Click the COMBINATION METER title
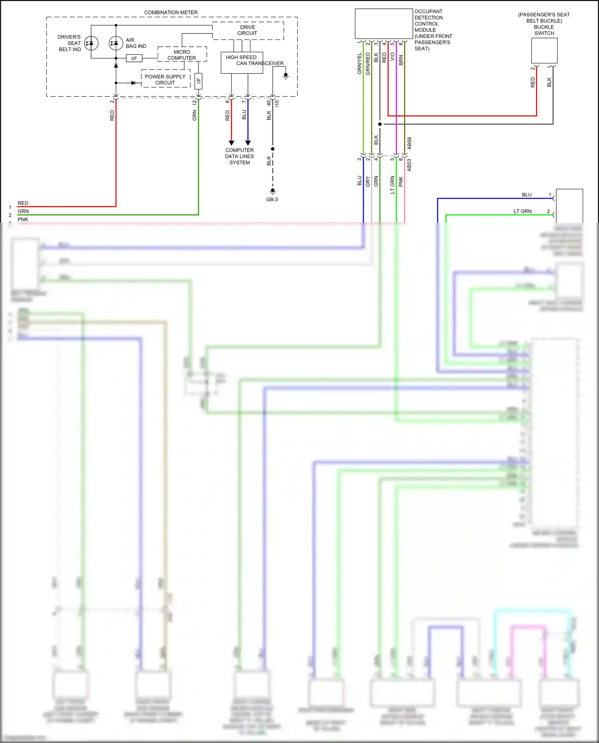pos(171,12)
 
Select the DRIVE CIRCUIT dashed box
pos(248,31)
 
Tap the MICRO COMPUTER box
pos(182,54)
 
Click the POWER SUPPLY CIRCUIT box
pos(165,79)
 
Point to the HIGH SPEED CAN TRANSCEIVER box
pos(242,63)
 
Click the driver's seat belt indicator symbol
pos(91,43)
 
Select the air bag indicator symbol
pos(116,43)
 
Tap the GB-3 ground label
pos(272,199)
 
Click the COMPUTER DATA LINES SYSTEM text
pos(239,156)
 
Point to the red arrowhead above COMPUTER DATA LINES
pos(231,143)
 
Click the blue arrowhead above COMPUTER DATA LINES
pos(248,143)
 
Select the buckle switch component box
pos(544,50)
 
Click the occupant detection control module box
pos(383,24)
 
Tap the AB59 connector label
pos(409,143)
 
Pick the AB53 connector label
pos(409,165)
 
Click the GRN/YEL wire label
pos(359,63)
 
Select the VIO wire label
pos(393,57)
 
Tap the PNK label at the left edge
pos(23,219)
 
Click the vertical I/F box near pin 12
pos(198,81)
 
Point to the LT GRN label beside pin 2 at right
pos(522,211)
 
